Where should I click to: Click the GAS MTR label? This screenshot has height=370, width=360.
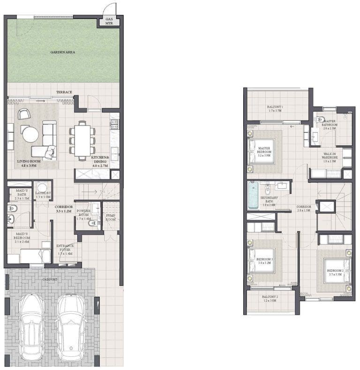tap(109, 21)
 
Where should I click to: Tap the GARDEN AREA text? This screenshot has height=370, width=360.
tap(63, 52)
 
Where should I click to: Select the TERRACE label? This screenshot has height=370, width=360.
tap(64, 92)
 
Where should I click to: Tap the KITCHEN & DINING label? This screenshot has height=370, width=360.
tap(100, 161)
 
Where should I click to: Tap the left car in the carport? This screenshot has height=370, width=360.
tap(31, 326)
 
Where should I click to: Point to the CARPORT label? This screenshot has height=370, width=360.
tap(49, 280)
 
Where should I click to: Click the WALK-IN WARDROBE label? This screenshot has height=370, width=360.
tap(330, 156)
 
